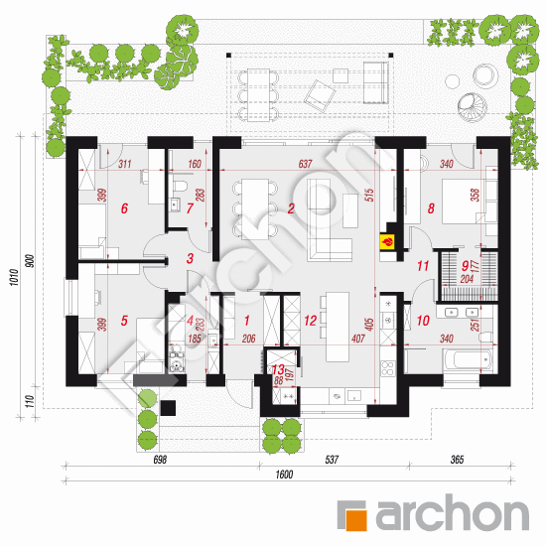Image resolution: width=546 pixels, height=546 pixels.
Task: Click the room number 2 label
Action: pos(291,208)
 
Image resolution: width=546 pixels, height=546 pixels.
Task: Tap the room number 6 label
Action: pos(124,208)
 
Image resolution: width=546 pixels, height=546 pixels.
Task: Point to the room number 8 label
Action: pos(431,208)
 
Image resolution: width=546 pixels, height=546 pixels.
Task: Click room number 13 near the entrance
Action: pos(277,368)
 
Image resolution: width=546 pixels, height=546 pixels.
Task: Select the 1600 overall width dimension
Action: pos(284,475)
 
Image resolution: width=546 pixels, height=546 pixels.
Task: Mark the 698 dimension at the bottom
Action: pos(160,461)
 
